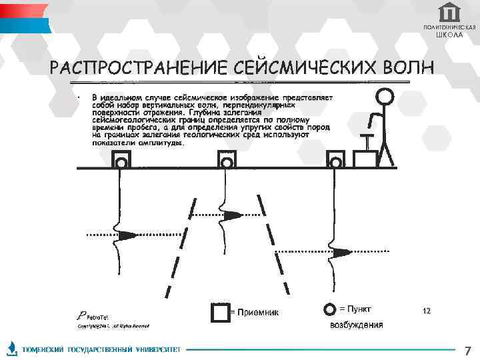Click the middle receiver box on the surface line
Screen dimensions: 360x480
(227, 159)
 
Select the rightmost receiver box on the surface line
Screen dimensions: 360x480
(335, 159)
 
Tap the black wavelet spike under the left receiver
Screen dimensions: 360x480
(127, 235)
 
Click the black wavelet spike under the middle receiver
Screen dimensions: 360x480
(232, 215)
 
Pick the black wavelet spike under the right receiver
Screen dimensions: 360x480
(340, 253)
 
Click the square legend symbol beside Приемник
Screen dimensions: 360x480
(220, 312)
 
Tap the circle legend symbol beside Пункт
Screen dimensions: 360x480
(329, 310)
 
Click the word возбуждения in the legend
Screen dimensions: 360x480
(357, 325)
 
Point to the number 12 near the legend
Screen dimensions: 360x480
(427, 311)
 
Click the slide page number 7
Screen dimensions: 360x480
(467, 350)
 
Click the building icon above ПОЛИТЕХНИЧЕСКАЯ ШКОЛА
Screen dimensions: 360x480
(449, 12)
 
